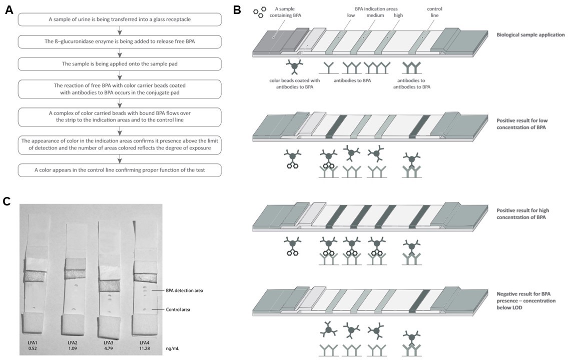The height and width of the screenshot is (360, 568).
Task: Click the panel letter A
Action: click(9, 10)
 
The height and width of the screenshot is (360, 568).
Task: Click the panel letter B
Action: click(238, 9)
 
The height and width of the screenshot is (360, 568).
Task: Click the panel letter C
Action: click(7, 201)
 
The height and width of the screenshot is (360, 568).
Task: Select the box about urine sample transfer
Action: click(120, 19)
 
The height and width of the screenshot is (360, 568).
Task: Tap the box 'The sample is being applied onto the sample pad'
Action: click(120, 64)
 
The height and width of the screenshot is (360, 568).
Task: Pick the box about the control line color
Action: click(120, 170)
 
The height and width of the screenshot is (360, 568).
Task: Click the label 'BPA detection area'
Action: click(184, 290)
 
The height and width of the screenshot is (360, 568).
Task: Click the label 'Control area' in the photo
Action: click(178, 309)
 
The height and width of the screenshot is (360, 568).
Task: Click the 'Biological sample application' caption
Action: click(530, 35)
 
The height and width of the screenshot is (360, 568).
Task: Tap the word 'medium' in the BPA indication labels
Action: click(375, 15)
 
